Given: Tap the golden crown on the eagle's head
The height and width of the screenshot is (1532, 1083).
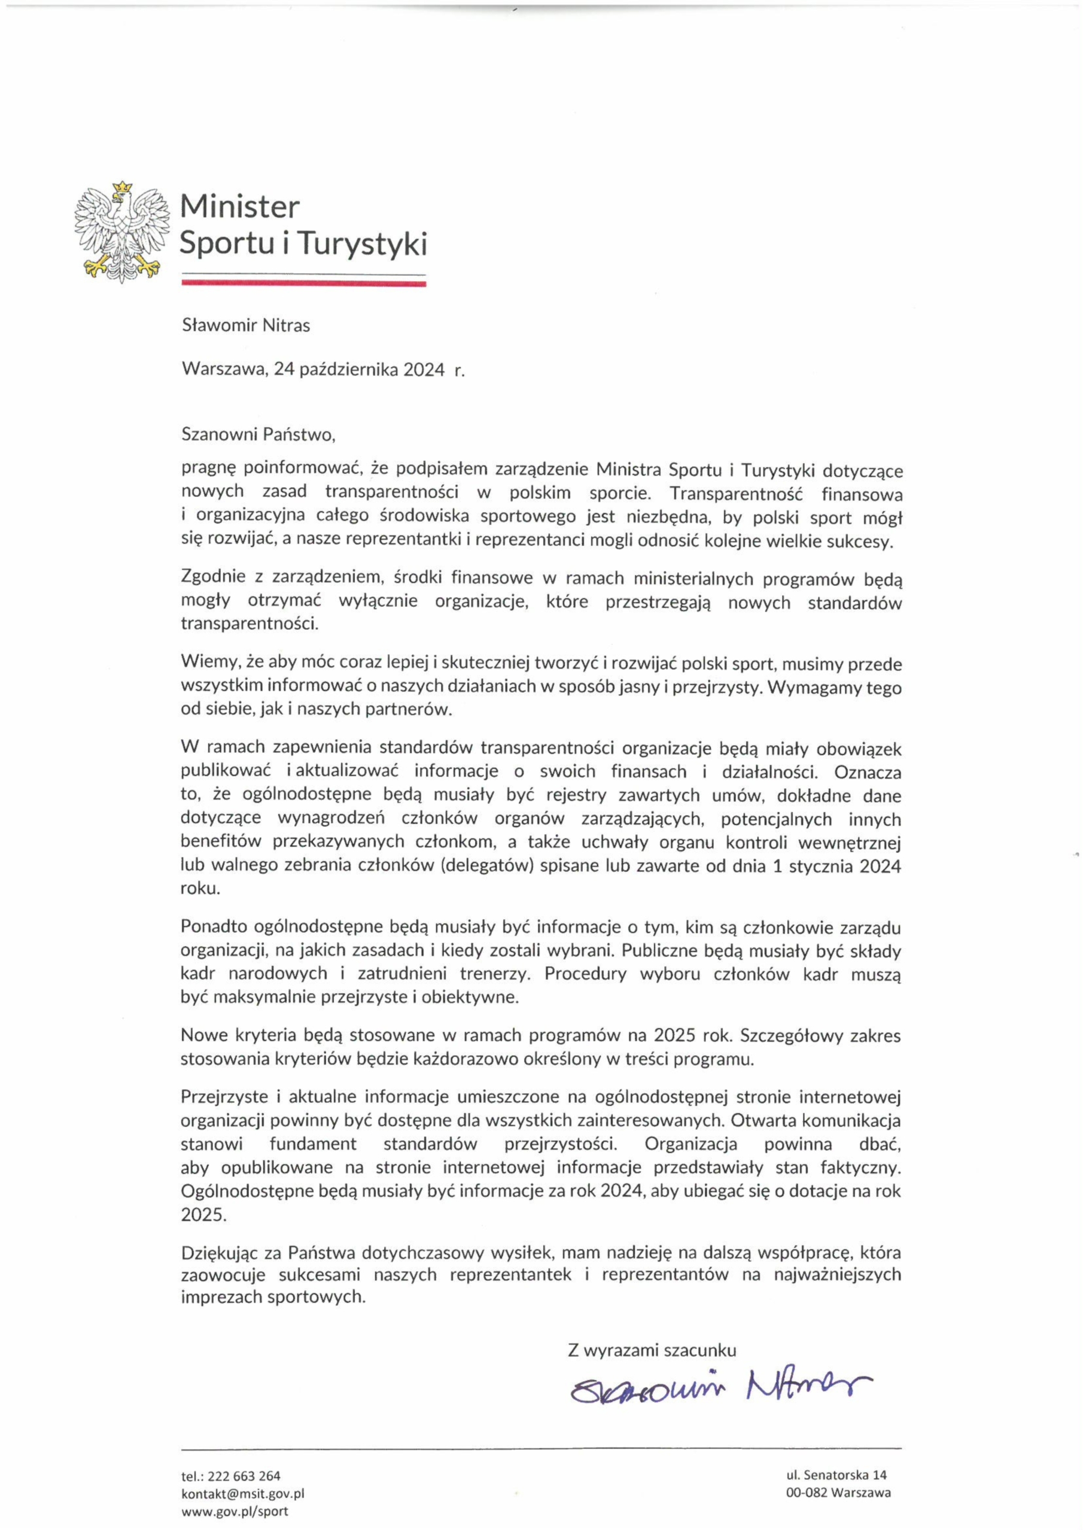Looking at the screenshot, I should [122, 188].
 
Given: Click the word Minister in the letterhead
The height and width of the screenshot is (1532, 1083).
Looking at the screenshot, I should [239, 207].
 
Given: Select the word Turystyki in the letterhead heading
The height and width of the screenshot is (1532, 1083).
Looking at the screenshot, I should [361, 244].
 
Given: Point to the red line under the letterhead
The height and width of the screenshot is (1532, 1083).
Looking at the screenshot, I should [303, 284].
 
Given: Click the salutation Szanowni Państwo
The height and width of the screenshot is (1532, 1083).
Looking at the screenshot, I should [257, 435].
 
